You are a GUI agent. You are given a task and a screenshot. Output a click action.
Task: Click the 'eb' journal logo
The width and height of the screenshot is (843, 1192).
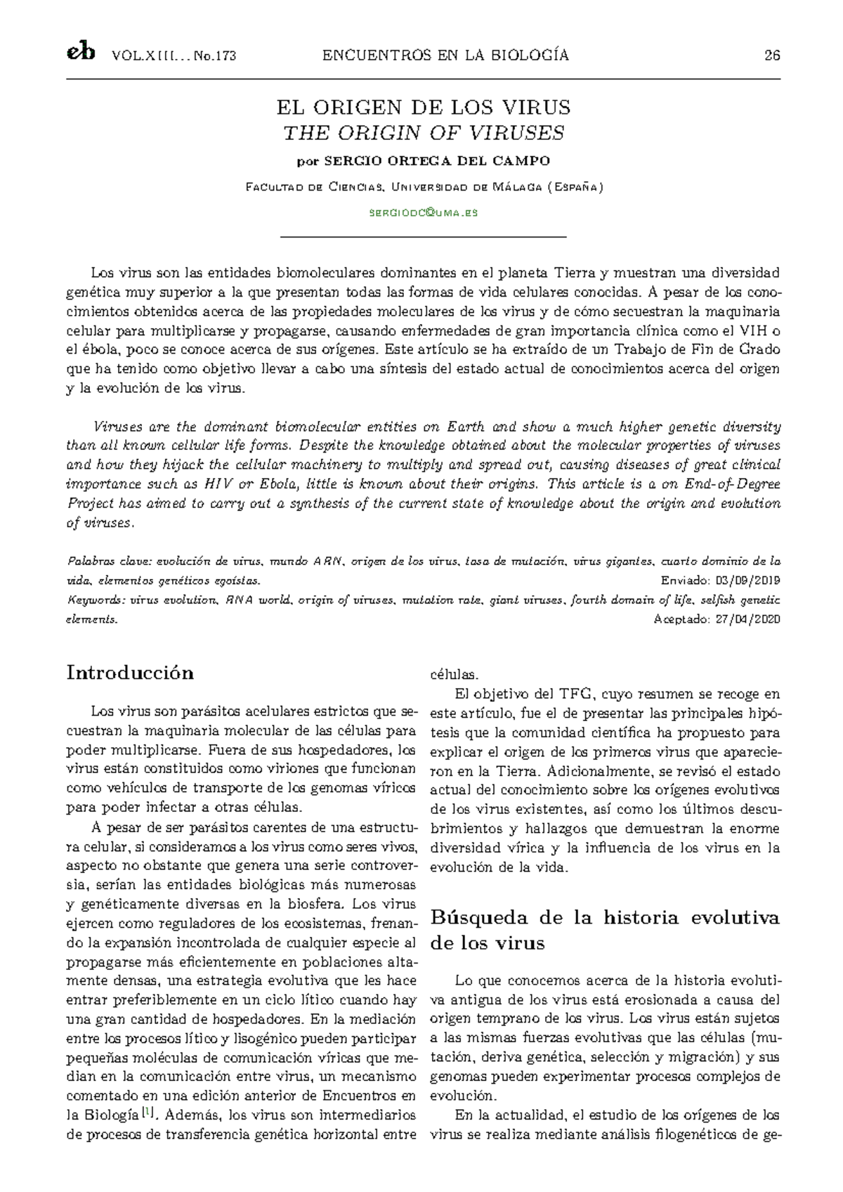click(80, 54)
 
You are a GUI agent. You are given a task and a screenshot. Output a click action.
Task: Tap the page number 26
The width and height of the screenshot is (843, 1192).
click(772, 56)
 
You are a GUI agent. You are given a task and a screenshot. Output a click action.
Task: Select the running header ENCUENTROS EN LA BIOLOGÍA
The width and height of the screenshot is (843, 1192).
click(445, 56)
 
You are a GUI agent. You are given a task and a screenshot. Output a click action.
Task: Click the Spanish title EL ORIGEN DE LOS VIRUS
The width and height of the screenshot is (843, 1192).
click(423, 108)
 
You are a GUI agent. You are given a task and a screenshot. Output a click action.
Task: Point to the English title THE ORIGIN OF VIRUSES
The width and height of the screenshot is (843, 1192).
click(423, 132)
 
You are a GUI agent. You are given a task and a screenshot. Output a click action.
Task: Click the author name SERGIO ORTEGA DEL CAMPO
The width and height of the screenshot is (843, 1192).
click(436, 161)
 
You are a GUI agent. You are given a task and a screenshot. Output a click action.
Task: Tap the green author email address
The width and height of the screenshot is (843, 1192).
click(423, 212)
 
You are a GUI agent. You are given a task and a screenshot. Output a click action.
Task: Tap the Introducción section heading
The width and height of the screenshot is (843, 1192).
click(130, 673)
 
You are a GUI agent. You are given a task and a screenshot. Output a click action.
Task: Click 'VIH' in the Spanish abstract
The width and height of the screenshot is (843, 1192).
click(752, 330)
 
